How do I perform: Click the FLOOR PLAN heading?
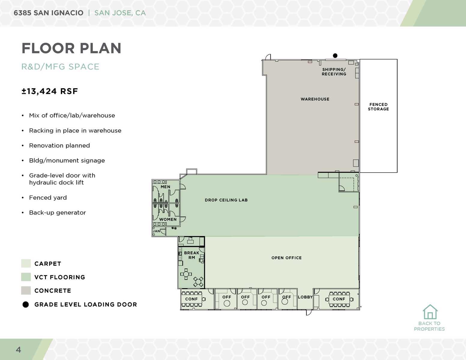[x=71, y=48]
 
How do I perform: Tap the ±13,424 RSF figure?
[x=50, y=91]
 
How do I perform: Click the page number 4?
[x=19, y=349]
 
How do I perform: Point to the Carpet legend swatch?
[x=26, y=263]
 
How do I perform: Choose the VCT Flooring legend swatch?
[x=26, y=277]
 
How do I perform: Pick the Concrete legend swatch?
[x=26, y=290]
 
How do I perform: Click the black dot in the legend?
[x=26, y=304]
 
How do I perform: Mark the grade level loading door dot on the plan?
[x=335, y=55]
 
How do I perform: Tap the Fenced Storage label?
[x=378, y=107]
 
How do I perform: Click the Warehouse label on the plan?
[x=315, y=99]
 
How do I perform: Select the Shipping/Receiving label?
[x=334, y=72]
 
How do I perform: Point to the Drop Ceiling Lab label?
[x=226, y=200]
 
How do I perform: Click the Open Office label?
[x=287, y=258]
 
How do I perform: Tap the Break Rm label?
[x=191, y=255]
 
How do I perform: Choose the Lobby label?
[x=305, y=297]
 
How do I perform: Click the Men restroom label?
[x=165, y=187]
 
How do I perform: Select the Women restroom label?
[x=168, y=219]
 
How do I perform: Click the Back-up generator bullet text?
[x=57, y=212]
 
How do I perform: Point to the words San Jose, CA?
[x=120, y=13]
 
